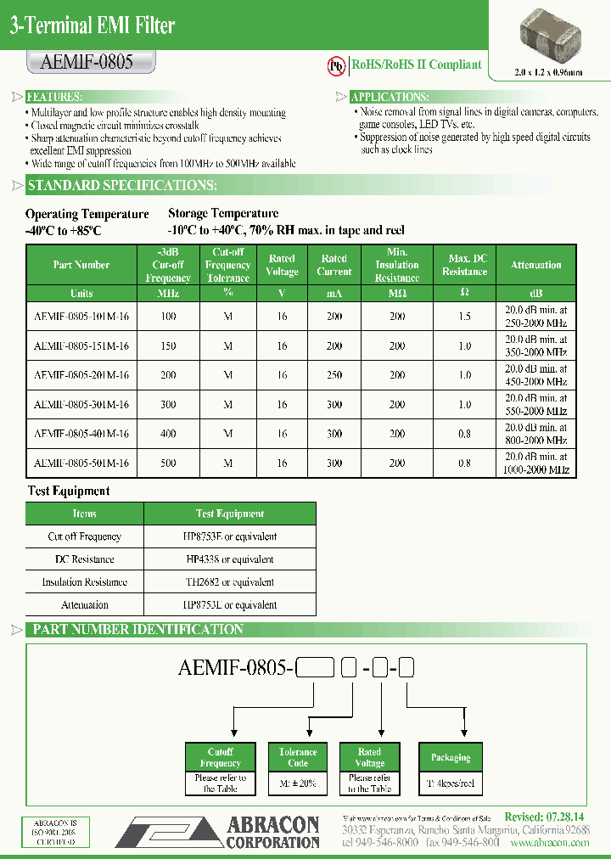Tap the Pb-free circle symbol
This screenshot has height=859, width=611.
pos(338,65)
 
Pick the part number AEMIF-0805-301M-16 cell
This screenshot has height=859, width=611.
pos(81,405)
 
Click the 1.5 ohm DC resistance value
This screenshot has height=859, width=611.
pos(464,317)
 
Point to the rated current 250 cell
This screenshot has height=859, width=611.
pos(334,375)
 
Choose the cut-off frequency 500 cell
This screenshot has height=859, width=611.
pos(168,463)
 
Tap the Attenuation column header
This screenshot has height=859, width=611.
pos(535,265)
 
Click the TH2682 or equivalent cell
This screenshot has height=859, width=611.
pos(230,582)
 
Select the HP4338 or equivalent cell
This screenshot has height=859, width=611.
pos(230,559)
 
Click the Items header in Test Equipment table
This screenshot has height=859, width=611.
pos(85,514)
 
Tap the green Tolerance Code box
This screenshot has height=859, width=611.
pos(298,757)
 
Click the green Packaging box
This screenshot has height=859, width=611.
pos(450,757)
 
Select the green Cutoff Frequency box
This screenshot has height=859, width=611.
pos(220,757)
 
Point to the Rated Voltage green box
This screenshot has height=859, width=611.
pos(369,757)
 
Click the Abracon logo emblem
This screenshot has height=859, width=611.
pos(166,832)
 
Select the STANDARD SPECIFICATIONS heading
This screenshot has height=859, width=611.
pos(122,186)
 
